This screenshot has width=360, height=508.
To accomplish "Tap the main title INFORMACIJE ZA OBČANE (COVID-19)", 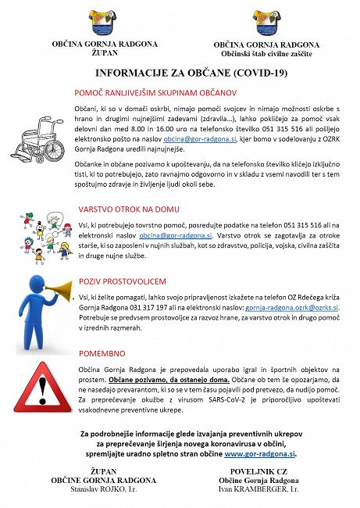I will click(180, 74).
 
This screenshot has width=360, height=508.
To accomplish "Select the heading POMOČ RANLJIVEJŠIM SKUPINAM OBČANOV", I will click(167, 91).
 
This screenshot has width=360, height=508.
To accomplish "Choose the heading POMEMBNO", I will click(102, 352).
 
